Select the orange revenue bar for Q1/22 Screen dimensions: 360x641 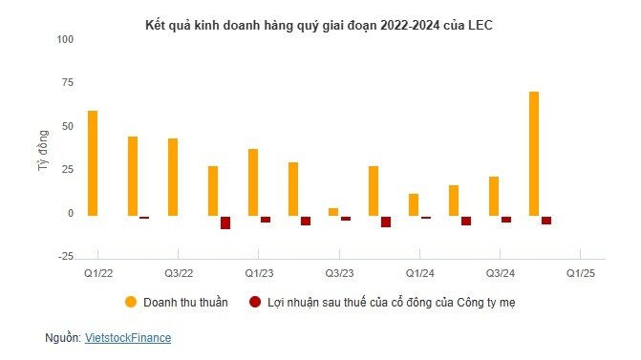tap(92, 163)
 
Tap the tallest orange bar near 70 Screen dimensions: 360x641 tap(533, 154)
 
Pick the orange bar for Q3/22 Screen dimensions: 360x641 tap(172, 177)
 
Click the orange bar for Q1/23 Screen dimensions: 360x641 tap(253, 181)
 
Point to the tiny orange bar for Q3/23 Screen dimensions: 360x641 tap(332, 211)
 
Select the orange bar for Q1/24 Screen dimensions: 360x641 tap(413, 204)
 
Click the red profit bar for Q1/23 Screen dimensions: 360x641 tap(266, 219)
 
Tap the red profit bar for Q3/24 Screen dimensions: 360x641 tap(506, 219)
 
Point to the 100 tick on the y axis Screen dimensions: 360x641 tap(66, 39)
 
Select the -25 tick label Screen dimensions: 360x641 tap(66, 256)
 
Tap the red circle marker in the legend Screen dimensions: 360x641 tap(254, 302)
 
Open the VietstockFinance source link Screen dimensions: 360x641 tap(128, 338)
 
